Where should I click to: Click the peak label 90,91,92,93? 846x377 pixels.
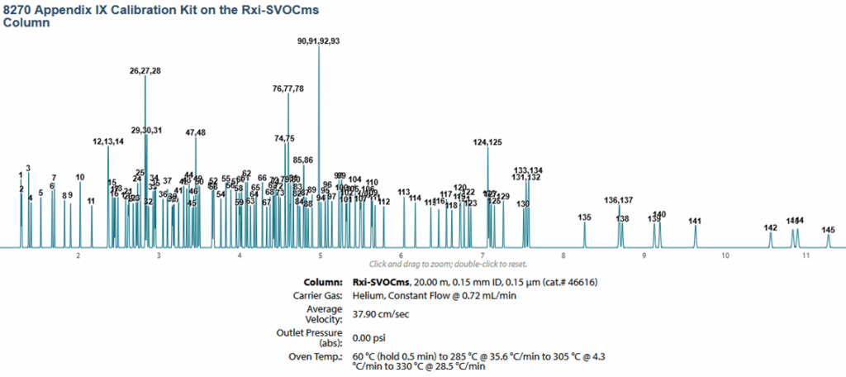click(319, 41)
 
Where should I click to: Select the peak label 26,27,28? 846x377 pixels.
click(145, 71)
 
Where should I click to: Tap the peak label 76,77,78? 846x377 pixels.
click(288, 88)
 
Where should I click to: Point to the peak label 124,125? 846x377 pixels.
click(487, 143)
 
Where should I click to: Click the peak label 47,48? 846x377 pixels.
click(196, 133)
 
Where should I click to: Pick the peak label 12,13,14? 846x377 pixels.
click(108, 141)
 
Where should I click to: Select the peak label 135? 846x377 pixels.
click(585, 217)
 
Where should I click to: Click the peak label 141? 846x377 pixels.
click(695, 221)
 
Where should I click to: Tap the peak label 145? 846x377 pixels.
click(829, 229)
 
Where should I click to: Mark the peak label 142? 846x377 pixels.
click(771, 227)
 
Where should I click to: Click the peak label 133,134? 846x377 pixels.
click(529, 170)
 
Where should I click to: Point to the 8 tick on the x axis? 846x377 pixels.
click(563, 256)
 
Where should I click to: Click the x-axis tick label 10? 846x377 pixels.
click(725, 256)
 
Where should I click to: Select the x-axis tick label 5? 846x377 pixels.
click(321, 256)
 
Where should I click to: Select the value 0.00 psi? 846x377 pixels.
click(369, 337)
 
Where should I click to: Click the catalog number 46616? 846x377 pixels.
click(582, 282)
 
